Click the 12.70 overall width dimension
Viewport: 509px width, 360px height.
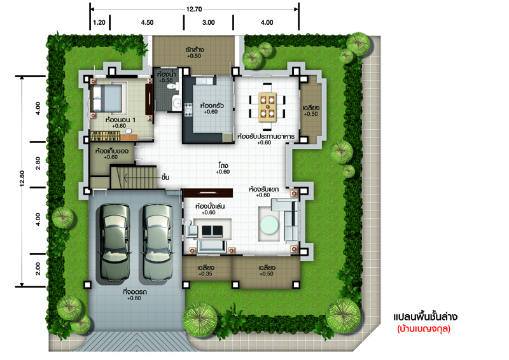click(194, 9)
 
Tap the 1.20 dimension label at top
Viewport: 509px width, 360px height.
click(99, 22)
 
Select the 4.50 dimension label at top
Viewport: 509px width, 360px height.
click(147, 22)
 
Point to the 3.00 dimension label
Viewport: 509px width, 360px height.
click(209, 22)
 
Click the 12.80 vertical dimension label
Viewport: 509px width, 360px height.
click(22, 178)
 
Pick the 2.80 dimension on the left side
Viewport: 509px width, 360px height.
click(38, 163)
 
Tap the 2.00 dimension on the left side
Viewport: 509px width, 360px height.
click(38, 269)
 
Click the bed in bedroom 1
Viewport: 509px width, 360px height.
click(107, 98)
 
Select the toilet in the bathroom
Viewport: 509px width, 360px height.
click(171, 87)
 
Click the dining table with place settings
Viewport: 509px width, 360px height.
click(267, 107)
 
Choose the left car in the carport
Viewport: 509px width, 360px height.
click(115, 242)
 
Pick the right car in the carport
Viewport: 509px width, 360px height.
click(157, 242)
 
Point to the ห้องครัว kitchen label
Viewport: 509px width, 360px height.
click(212, 106)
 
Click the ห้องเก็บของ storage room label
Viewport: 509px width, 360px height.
click(112, 151)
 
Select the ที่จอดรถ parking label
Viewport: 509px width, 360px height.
click(135, 292)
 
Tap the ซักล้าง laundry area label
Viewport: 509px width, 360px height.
click(195, 50)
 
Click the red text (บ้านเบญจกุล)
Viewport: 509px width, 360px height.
click(424, 328)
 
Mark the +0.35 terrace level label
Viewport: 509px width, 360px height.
click(205, 273)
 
